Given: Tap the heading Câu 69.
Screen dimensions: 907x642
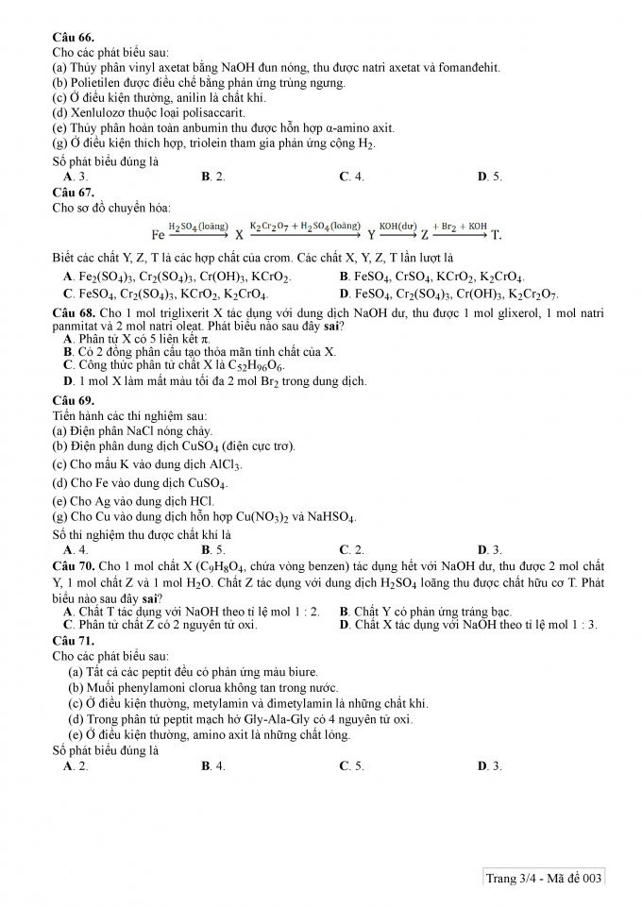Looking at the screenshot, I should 72,400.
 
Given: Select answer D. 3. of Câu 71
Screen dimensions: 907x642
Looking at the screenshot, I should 490,766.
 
